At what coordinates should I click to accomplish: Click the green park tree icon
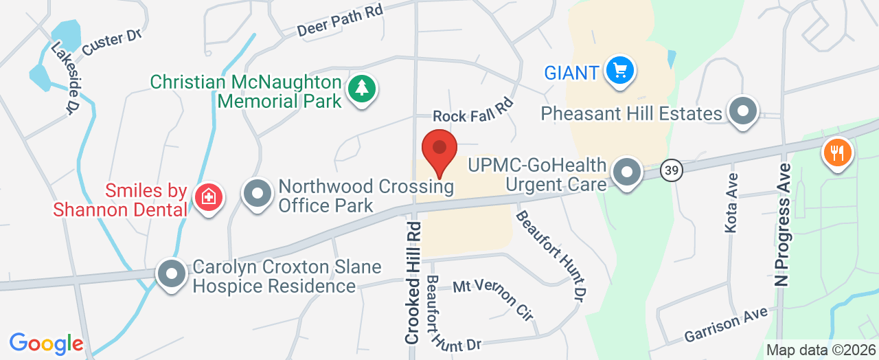[361, 89]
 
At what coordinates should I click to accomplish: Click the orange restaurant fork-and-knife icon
[836, 152]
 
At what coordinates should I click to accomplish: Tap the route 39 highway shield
[672, 170]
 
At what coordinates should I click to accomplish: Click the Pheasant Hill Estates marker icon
[742, 111]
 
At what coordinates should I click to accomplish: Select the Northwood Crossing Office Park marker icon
[258, 194]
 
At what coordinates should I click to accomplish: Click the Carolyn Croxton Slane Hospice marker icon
[171, 274]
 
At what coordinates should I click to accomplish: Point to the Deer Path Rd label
[339, 21]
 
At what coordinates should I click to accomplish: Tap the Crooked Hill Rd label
[413, 282]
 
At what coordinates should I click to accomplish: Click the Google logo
[47, 343]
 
